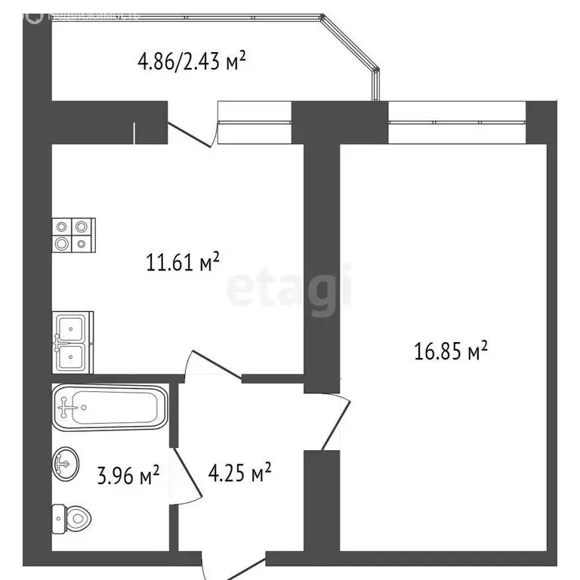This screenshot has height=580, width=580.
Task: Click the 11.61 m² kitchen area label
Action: tap(182, 262)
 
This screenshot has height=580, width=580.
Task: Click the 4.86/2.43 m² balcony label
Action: tap(192, 62)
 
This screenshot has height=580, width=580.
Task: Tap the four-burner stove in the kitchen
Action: tap(72, 234)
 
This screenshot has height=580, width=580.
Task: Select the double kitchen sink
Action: tap(72, 342)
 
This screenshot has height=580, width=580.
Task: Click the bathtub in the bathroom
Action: tap(110, 408)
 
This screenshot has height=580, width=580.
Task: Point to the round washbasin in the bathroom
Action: tap(66, 463)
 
